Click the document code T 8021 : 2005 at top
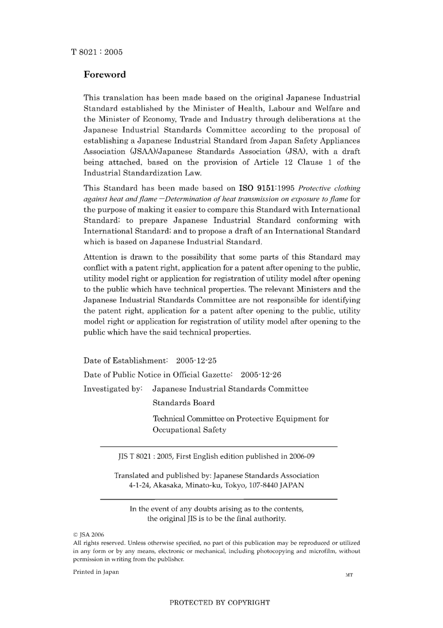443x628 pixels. (x=97, y=52)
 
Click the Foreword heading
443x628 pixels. (x=104, y=75)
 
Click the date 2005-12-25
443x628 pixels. (x=196, y=361)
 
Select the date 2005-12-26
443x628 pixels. (x=261, y=375)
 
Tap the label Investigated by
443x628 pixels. (x=112, y=389)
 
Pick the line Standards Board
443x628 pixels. (x=184, y=403)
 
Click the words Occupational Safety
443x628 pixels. (x=189, y=430)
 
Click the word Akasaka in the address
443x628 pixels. (x=168, y=485)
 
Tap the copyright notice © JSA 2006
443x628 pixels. (x=89, y=535)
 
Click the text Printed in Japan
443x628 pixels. (x=96, y=572)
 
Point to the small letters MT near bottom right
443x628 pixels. (x=349, y=575)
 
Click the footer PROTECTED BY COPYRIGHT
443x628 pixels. (x=220, y=603)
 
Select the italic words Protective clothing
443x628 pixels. (x=329, y=188)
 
